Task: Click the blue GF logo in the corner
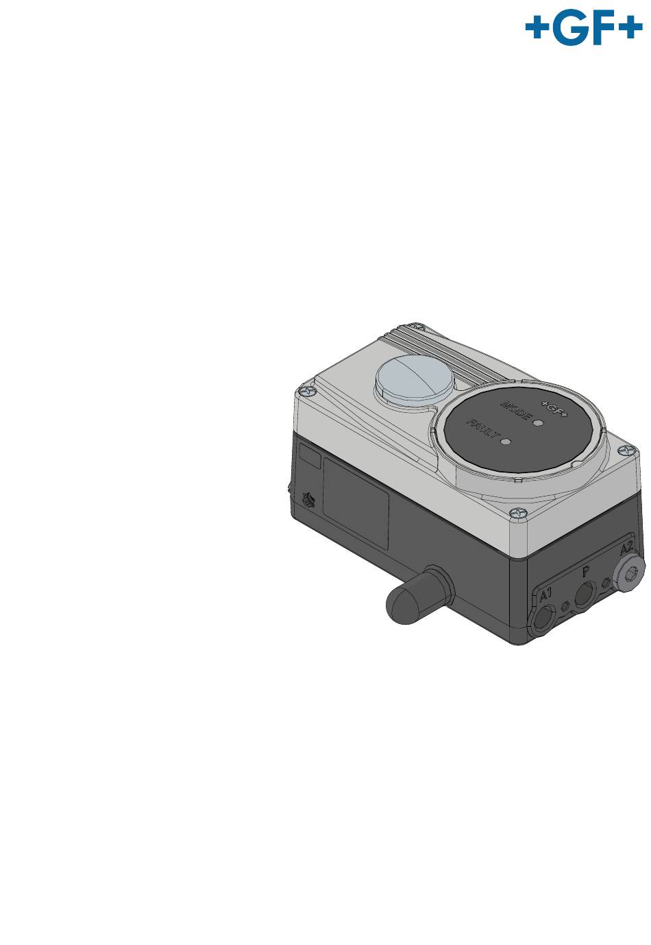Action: point(584,27)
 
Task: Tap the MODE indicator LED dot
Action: point(539,422)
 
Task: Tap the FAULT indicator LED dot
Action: point(506,441)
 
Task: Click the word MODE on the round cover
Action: point(515,409)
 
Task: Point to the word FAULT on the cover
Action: point(483,429)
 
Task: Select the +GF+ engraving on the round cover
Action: point(554,408)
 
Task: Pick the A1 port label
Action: point(546,595)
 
